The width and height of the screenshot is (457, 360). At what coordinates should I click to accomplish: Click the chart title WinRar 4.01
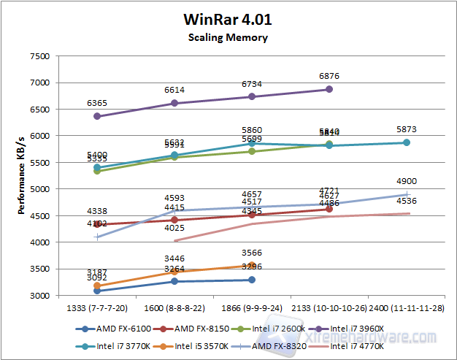228,19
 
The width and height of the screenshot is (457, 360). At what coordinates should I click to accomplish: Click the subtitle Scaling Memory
228,37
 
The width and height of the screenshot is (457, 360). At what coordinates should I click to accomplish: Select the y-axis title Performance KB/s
22,176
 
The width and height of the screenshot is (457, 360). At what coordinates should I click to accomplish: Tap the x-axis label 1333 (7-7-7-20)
97,309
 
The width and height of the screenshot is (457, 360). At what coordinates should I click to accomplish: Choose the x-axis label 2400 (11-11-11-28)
407,309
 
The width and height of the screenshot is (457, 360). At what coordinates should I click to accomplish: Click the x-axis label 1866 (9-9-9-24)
252,309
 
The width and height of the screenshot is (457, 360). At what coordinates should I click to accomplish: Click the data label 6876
329,75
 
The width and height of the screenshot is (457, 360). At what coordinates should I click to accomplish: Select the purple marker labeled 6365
97,116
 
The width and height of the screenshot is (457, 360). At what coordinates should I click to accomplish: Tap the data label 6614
174,89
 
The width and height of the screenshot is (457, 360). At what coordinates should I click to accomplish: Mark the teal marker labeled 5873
407,142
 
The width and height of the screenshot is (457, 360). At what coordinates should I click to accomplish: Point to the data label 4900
407,181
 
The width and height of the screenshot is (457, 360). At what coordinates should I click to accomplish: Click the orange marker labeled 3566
252,266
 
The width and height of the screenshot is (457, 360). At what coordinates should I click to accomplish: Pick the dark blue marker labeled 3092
97,291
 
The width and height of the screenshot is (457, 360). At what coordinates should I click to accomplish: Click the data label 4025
174,228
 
